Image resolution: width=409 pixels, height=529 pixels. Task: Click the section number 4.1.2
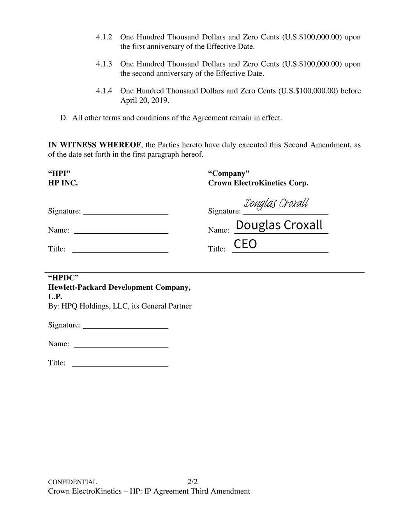point(104,37)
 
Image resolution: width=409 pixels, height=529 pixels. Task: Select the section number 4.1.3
point(104,64)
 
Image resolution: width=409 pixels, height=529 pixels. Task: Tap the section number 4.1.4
point(104,91)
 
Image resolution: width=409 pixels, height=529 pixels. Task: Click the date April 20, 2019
point(145,101)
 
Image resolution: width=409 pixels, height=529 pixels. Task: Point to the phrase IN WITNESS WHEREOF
point(94,145)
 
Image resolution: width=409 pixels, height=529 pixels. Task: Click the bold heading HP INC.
point(63,183)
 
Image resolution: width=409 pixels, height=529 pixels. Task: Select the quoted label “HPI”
point(59,173)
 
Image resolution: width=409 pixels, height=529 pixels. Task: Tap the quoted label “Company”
point(229,173)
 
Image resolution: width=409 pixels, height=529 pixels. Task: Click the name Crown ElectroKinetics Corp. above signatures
point(258,183)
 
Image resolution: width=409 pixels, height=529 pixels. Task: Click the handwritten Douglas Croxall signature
point(276,204)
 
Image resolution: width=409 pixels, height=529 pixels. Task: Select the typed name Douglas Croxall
point(279,225)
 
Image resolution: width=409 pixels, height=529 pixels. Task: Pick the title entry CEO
point(245,244)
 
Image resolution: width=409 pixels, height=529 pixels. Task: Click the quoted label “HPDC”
point(63,278)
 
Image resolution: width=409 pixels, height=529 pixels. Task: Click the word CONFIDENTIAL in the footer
point(72,482)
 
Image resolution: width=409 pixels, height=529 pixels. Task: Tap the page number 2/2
point(192,482)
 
